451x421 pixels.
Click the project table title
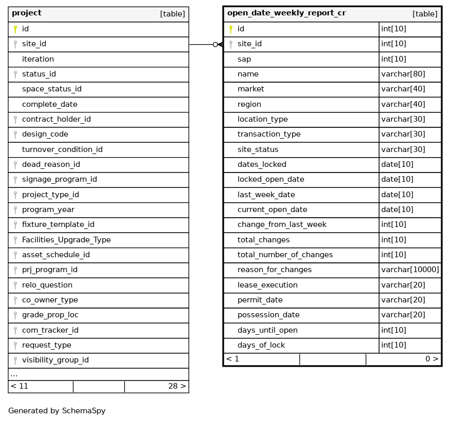coord(27,13)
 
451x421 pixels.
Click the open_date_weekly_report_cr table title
coord(286,13)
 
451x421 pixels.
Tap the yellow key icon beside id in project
coord(15,29)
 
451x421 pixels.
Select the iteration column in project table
coord(38,59)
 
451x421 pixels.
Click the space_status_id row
coord(52,89)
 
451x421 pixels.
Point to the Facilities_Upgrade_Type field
coord(66,240)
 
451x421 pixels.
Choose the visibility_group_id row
coord(55,360)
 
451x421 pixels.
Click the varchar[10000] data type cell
coord(410,270)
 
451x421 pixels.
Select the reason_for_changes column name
coord(274,270)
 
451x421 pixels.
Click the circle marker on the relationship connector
coord(215,45)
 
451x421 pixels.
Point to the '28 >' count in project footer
coord(177,386)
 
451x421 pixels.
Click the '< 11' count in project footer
coord(19,386)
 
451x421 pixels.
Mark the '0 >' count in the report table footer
coord(432,359)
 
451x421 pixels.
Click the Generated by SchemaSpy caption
coord(57,411)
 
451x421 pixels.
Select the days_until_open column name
coord(267,330)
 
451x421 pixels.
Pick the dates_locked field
coord(262,164)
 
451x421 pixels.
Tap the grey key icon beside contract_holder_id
coord(15,120)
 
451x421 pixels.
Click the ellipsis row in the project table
coord(14,374)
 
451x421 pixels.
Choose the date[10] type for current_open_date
coord(397,209)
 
